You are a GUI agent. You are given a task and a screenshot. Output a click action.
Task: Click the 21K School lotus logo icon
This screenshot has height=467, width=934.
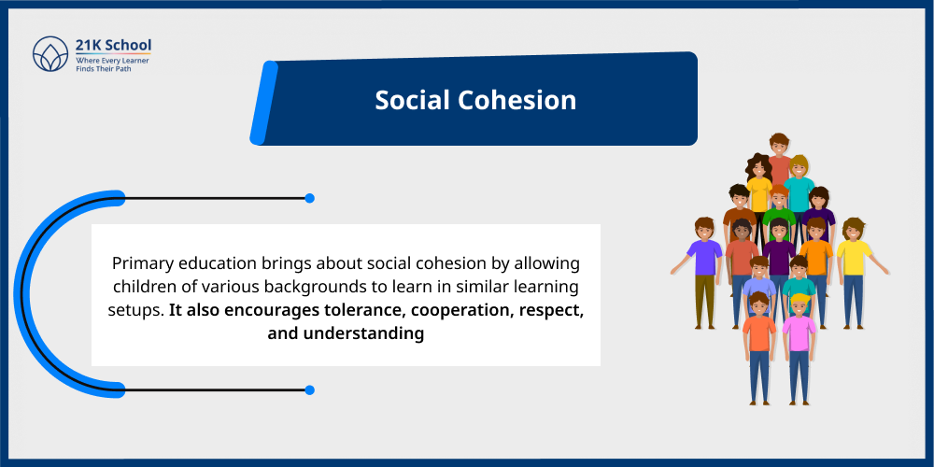point(50,54)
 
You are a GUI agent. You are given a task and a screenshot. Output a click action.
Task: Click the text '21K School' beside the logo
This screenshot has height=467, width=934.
point(113,45)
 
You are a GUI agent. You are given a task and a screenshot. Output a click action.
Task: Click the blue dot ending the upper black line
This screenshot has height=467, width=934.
point(309,198)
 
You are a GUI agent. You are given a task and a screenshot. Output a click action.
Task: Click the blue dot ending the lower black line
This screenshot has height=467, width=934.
point(309,389)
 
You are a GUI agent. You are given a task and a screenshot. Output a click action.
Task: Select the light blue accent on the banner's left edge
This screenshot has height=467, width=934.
point(262,103)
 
